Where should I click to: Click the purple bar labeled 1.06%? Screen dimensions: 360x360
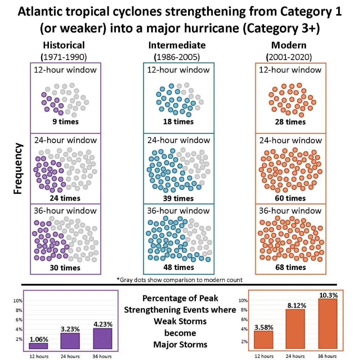pos(38,346)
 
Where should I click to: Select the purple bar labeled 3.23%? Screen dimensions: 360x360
pos(70,341)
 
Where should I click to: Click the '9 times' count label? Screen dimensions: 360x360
pos(66,122)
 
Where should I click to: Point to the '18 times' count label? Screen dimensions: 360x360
pos(179,122)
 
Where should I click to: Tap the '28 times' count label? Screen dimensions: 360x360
pos(290,122)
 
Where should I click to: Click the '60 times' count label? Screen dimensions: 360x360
pos(290,198)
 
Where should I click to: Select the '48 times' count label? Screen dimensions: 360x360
pos(179,268)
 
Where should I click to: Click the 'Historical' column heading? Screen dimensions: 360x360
pos(64,45)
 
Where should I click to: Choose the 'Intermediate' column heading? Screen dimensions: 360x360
pos(177,45)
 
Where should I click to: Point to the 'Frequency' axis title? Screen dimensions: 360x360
pos(18,168)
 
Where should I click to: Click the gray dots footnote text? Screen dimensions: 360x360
pos(180,280)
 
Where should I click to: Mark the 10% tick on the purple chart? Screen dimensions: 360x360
pos(18,301)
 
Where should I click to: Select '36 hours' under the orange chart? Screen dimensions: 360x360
pos(327,356)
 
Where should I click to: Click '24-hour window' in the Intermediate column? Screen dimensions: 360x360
pos(178,140)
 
